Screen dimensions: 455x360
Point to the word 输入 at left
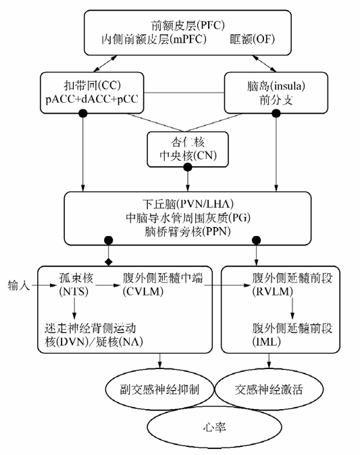pos(18,285)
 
